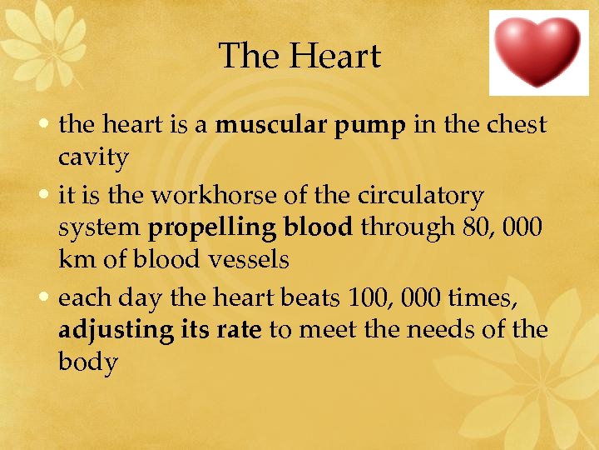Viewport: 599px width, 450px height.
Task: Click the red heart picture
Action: pyautogui.click(x=537, y=52)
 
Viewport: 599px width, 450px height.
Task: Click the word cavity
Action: pyautogui.click(x=93, y=157)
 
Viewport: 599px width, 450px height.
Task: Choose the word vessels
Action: pyautogui.click(x=249, y=260)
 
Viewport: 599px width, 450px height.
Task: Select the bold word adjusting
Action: pyautogui.click(x=114, y=332)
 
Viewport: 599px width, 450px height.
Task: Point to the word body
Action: pyautogui.click(x=87, y=362)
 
